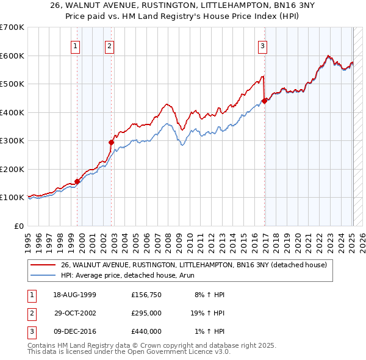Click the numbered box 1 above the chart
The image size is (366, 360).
coord(75,45)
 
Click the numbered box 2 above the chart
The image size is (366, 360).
coord(109,45)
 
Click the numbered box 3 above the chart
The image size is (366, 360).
coord(262,45)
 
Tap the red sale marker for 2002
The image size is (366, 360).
coord(112,142)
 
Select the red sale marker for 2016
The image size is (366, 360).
coord(265,101)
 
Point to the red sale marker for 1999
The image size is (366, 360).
coord(77,181)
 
